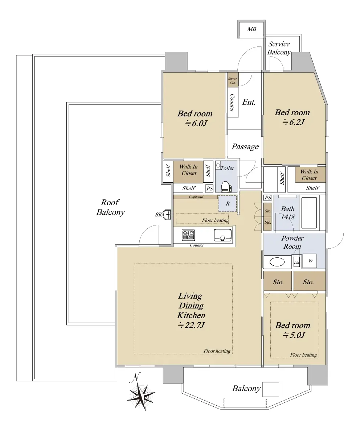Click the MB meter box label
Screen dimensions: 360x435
[x=252, y=29]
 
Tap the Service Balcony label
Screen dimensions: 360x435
[x=279, y=48]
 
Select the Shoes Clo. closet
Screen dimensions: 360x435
[x=233, y=79]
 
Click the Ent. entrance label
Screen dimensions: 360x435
[x=249, y=102]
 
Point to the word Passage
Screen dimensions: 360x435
[x=245, y=147]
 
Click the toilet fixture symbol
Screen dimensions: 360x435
[x=226, y=186]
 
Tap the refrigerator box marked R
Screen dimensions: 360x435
[x=228, y=203]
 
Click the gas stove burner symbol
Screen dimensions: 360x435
[x=188, y=235]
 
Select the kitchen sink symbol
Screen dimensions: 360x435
[x=222, y=235]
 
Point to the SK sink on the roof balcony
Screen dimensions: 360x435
[x=167, y=215]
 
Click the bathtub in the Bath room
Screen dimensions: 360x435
[x=309, y=213]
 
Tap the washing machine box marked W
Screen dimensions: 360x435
[x=310, y=261]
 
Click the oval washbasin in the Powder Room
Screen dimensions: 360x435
[x=277, y=262]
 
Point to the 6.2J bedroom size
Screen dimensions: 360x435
[x=294, y=122]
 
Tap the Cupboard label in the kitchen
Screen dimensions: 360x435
[x=196, y=197]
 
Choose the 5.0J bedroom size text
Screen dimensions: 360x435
[x=294, y=335]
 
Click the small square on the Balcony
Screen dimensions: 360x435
[x=270, y=389]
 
